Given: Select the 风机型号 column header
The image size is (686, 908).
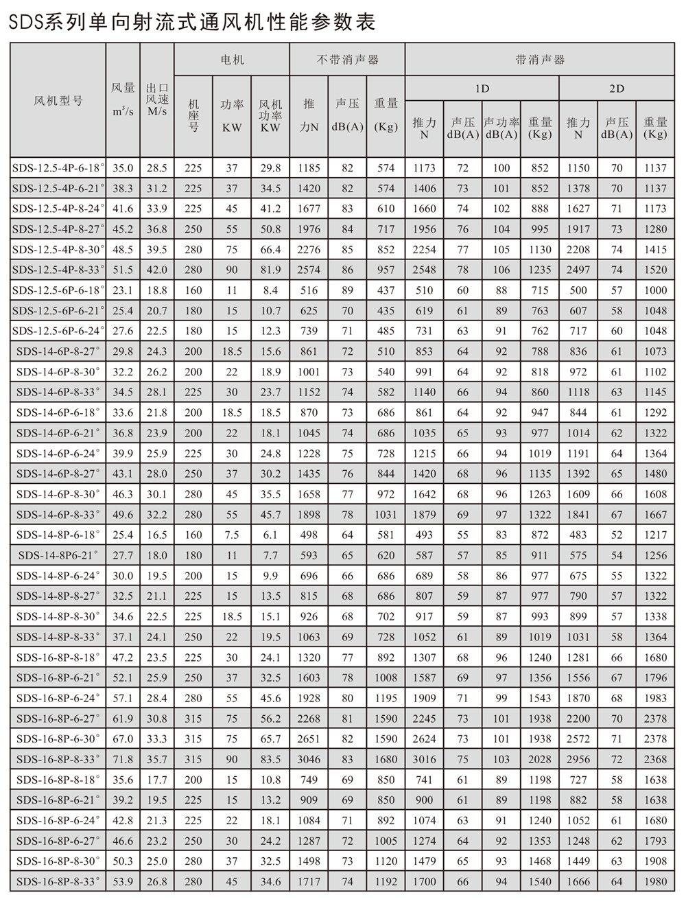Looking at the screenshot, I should pos(58,100).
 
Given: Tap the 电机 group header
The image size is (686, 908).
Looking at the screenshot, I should pos(232,60).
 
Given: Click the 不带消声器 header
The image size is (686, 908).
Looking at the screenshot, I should pos(347,60).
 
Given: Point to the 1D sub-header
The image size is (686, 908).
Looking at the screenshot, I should pos(482,89).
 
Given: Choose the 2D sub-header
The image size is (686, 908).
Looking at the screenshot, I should pos(617,89).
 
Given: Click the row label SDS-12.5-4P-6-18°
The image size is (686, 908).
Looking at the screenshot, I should pos(58,167).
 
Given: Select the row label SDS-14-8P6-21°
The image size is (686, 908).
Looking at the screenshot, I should pos(58,555).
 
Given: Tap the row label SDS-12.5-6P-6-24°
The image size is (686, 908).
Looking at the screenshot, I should pos(58,331).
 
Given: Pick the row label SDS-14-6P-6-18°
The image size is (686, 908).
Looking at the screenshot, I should pos(58,412).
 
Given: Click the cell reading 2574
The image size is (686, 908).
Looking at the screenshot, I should pos(309,270).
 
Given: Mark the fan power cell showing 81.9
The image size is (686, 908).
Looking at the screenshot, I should pos(270,270).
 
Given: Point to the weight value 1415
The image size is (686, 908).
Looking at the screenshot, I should pos(655,249).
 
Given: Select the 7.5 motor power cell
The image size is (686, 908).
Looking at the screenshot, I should pos(232,535).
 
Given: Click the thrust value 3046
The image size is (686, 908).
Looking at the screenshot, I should pos(309,759).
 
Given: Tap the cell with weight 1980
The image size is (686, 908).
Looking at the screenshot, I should pos(655,881).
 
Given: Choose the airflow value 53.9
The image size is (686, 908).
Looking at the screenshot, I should pos(123,881).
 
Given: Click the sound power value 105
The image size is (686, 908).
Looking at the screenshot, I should pos(501,249).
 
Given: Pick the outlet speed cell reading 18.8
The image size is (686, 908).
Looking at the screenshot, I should pos(157,290).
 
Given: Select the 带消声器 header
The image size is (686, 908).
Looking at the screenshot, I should pos(540,60).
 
